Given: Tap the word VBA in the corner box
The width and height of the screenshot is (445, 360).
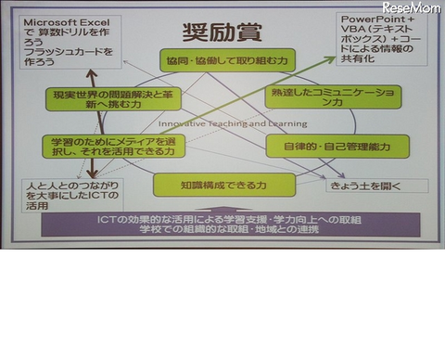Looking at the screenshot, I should coord(356,30).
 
